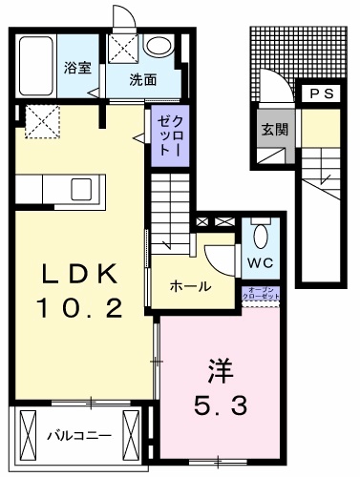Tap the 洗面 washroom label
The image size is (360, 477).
coord(144,79)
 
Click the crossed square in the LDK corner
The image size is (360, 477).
coord(40,122)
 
